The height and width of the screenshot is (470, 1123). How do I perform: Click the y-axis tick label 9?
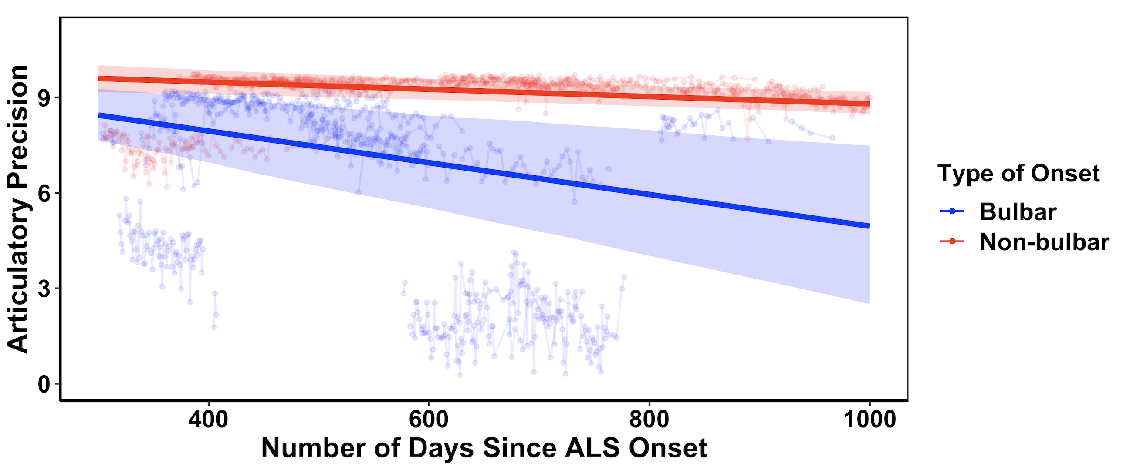click(44, 98)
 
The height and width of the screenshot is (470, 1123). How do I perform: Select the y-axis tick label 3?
click(44, 289)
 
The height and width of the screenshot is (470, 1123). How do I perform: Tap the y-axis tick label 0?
click(44, 384)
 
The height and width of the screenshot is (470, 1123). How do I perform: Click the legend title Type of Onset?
click(1018, 173)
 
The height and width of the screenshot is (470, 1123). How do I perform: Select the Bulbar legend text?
click(1018, 212)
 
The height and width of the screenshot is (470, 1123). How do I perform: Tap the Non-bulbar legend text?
click(1045, 242)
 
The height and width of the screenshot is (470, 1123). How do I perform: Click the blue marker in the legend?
click(952, 211)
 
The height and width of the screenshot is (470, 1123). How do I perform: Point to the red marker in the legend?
click(952, 242)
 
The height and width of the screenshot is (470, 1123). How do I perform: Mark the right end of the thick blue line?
click(869, 225)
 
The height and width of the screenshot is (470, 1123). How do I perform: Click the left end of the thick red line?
click(100, 78)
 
